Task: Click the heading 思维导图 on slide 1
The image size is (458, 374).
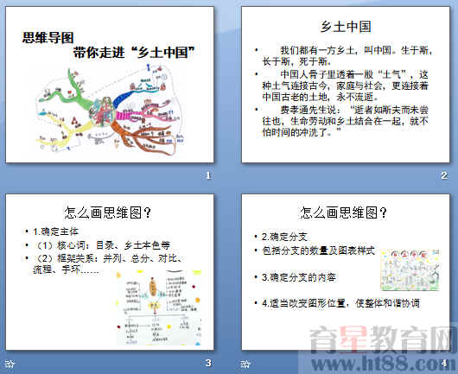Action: pos(44,37)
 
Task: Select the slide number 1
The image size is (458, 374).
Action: pos(207,176)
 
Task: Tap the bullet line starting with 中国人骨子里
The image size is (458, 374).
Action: pos(346,85)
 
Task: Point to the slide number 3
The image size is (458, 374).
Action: pos(207,362)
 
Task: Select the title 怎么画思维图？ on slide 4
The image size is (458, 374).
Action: pos(344,212)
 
